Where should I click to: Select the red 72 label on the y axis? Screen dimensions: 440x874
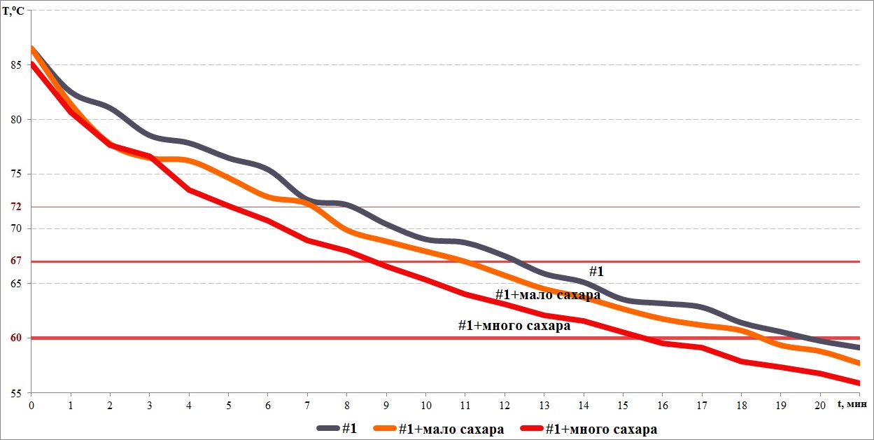(x=15, y=207)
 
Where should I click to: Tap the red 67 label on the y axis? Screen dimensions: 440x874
(x=15, y=261)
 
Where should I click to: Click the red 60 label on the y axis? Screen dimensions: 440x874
(x=15, y=338)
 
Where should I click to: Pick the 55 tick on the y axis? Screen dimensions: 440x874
(x=15, y=392)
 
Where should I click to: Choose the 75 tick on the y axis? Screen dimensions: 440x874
(x=15, y=174)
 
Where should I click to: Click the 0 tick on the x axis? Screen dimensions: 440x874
(x=31, y=405)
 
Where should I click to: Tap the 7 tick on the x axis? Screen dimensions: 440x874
(x=308, y=405)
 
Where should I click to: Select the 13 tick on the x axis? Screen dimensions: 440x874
(x=545, y=405)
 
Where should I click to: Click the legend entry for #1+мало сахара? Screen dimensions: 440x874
(x=451, y=429)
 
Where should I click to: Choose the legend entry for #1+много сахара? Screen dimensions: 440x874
(x=601, y=429)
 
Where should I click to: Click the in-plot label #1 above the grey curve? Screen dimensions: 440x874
(x=596, y=271)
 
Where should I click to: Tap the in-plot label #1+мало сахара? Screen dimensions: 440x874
(x=548, y=295)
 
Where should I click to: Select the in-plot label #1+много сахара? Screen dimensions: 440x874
(x=514, y=325)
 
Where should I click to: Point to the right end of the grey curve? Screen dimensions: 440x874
(x=859, y=348)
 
